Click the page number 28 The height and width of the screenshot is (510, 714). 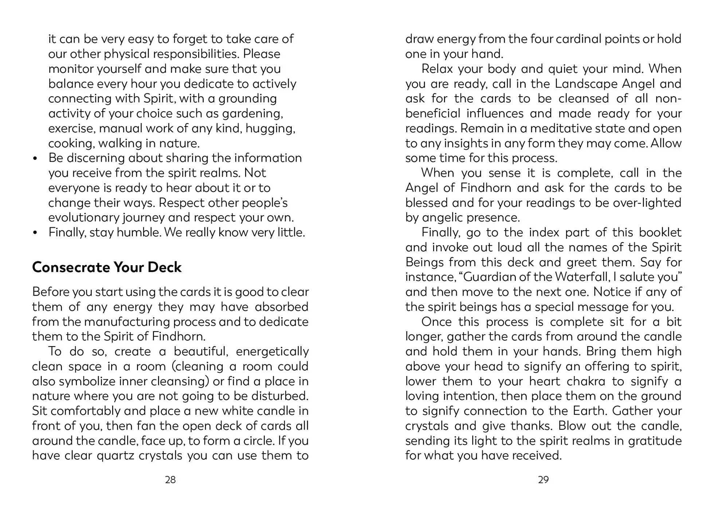[170, 480]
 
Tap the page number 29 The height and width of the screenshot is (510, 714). [543, 480]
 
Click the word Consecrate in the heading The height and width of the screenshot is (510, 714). [70, 267]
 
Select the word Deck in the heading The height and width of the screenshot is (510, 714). [164, 267]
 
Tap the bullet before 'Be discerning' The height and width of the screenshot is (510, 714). [35, 158]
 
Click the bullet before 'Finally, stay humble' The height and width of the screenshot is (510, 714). [35, 233]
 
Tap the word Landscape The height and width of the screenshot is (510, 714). [586, 84]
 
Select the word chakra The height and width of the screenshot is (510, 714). [585, 381]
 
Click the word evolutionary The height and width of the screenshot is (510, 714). [83, 217]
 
